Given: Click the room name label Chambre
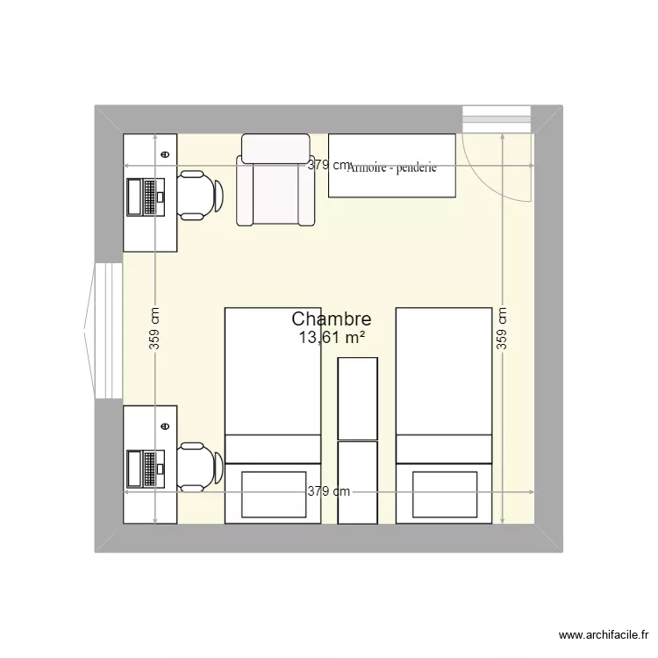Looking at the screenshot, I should point(331,320).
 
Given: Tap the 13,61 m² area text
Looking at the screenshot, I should point(332,339).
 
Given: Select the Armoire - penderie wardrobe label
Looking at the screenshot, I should point(392,168).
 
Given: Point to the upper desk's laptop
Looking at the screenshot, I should point(146,197).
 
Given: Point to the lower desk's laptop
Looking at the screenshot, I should point(146,468).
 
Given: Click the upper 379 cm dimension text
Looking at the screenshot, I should point(328,165).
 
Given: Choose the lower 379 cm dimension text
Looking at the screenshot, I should point(328,491).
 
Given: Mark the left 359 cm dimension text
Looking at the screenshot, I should point(154,327).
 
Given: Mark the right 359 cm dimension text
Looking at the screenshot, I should point(502,327).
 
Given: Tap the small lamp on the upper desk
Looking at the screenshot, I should point(165,154).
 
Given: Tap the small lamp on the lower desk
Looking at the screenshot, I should point(165,425).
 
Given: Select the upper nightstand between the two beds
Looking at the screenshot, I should point(358,399).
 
